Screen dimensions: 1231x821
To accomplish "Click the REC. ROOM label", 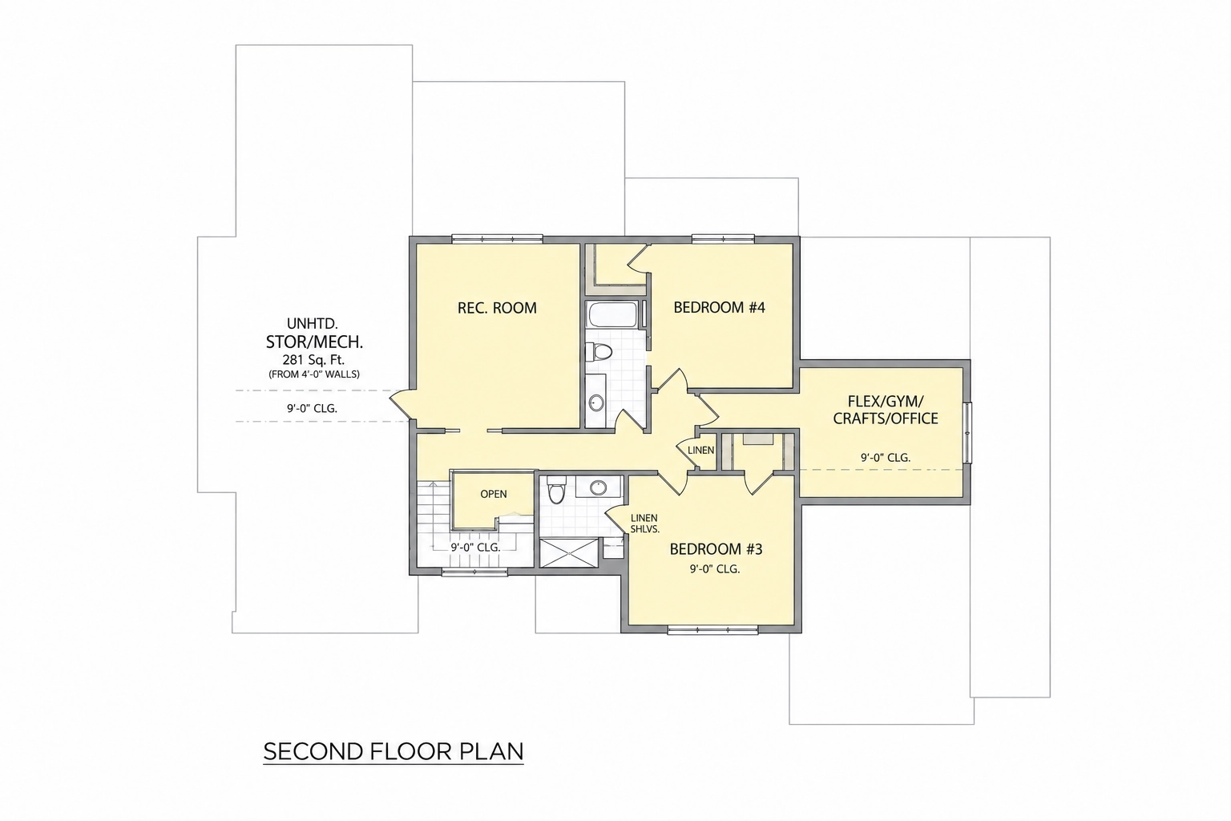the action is [497, 308].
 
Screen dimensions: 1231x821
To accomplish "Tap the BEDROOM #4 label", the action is [719, 307].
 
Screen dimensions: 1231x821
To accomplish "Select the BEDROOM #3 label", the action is [716, 549].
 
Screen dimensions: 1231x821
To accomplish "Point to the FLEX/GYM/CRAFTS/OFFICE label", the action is [886, 409].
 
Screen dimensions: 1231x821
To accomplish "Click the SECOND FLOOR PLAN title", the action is [394, 752].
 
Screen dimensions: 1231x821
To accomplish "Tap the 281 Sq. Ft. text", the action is [313, 360].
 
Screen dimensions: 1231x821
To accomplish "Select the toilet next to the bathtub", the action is [599, 351].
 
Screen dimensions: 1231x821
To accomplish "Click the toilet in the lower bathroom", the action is [556, 491].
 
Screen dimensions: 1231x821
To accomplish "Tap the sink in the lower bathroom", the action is [598, 487].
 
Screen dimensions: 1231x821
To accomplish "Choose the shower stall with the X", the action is [568, 552].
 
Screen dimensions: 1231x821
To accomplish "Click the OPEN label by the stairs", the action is [494, 495].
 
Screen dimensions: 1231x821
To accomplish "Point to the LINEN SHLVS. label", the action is [644, 524].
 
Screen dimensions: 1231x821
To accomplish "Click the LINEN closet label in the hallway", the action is [700, 451].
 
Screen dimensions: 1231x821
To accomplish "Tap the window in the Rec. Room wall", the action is [498, 239].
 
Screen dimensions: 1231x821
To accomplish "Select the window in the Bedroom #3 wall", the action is [712, 630].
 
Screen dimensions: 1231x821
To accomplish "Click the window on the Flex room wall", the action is [968, 433].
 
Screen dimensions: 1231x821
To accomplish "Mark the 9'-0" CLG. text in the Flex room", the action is [886, 458].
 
